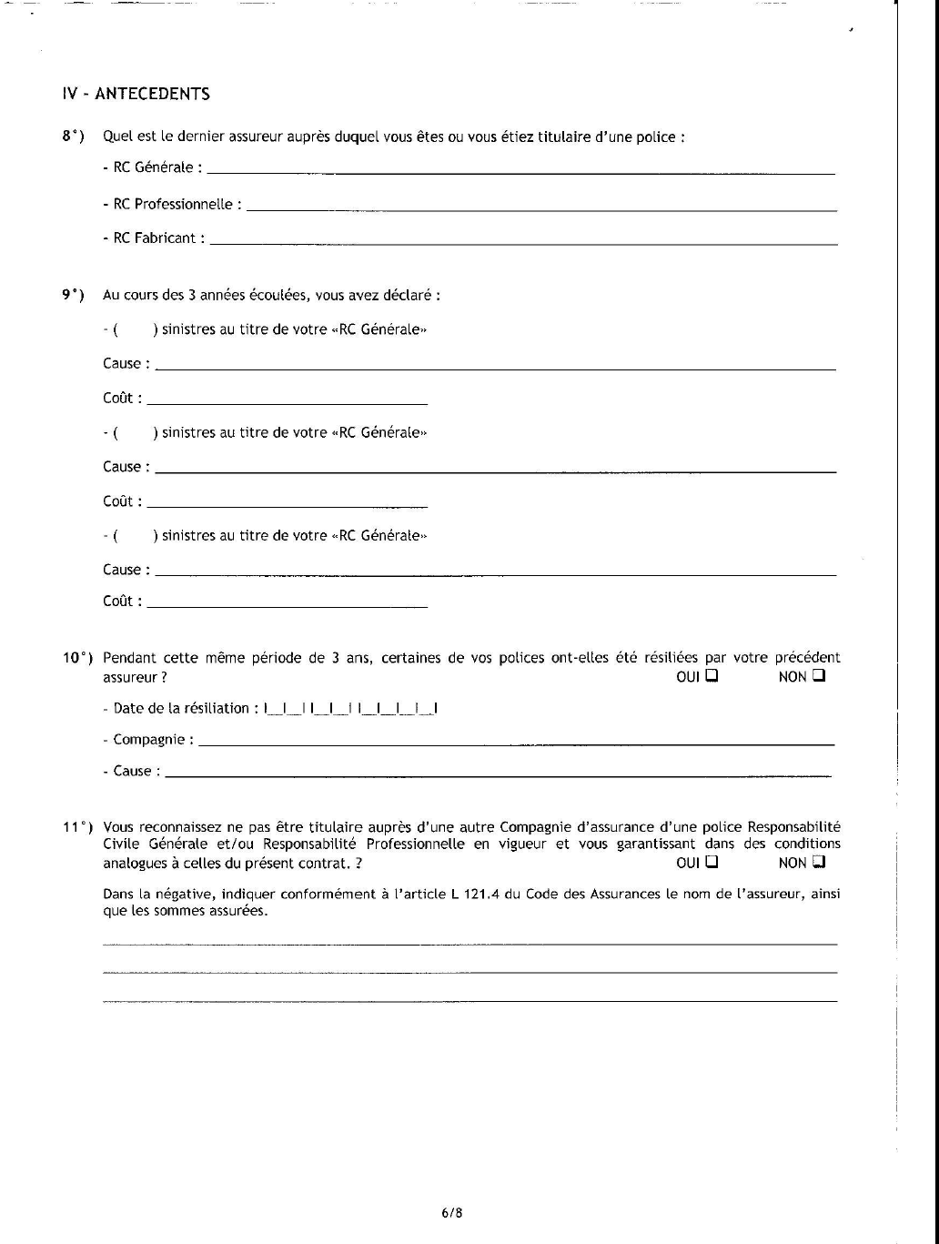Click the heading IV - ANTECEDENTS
(136, 94)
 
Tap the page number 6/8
(452, 1212)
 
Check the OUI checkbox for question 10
(712, 676)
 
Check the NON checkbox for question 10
(819, 676)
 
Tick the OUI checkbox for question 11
(712, 861)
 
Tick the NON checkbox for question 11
(819, 861)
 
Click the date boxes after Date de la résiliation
(351, 708)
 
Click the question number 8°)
(73, 137)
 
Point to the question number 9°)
(73, 295)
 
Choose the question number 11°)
(78, 827)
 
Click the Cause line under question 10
(499, 774)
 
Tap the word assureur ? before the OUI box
(135, 677)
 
